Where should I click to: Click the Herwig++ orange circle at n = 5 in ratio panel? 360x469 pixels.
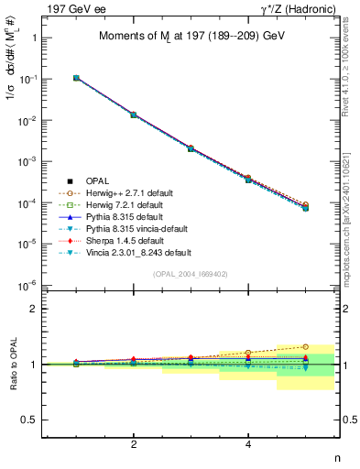click(x=305, y=347)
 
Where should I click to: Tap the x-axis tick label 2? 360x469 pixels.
click(x=134, y=444)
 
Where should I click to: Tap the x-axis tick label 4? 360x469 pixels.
click(x=248, y=444)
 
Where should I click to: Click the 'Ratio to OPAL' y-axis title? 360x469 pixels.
click(x=13, y=364)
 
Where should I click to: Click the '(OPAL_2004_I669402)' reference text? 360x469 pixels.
click(x=190, y=273)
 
